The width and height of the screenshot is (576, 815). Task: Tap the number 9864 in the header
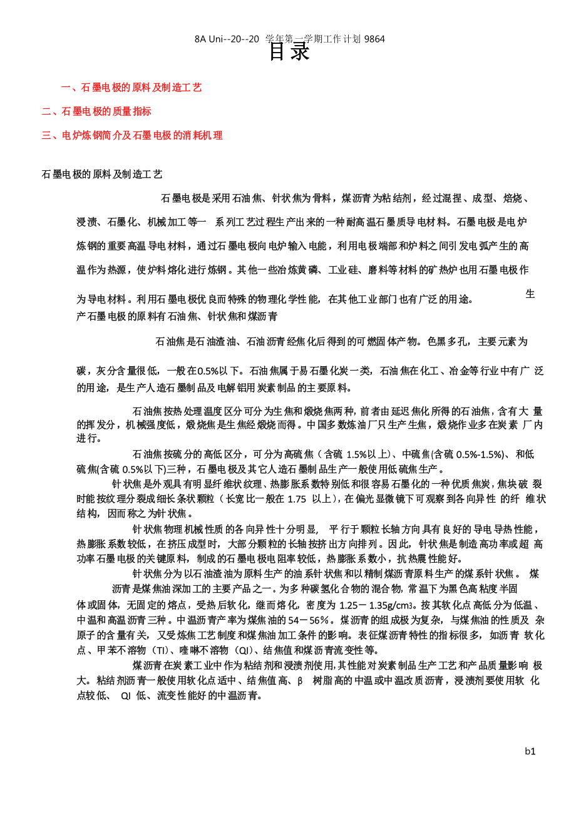click(x=374, y=39)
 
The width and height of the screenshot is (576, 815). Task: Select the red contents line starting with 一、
click(x=131, y=88)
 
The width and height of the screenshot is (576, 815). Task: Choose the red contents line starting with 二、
click(x=96, y=111)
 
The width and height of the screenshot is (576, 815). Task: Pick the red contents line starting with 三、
click(x=132, y=135)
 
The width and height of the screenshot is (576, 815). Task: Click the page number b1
click(x=530, y=751)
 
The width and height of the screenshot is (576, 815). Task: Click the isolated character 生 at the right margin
click(x=530, y=294)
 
